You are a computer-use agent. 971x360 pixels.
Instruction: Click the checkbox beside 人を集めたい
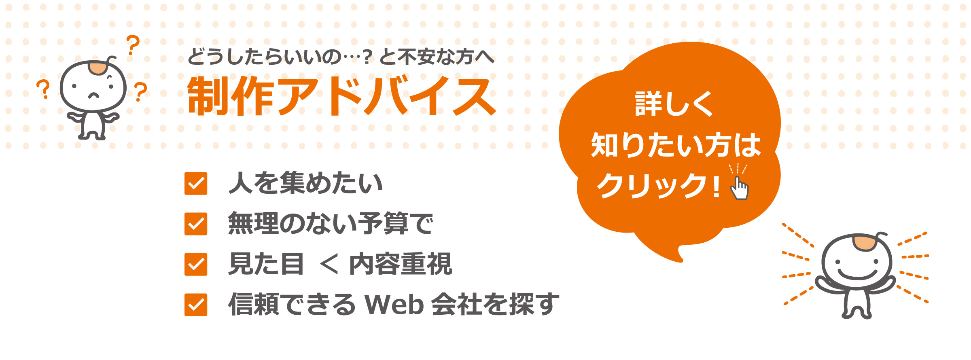click(196, 183)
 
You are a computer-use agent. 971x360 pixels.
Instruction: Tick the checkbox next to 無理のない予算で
click(196, 224)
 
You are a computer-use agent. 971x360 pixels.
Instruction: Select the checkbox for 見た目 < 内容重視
click(196, 264)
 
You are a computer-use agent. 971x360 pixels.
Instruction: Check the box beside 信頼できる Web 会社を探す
click(196, 305)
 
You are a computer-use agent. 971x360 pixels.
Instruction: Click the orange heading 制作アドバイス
click(341, 96)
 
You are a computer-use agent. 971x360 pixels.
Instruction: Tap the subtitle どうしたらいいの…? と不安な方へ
click(341, 57)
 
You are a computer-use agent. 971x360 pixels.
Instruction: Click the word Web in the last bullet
click(394, 305)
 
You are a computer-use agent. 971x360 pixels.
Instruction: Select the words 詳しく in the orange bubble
click(674, 104)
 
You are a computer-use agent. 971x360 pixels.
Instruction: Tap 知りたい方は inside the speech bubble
click(676, 145)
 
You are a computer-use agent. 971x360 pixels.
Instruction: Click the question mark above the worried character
click(133, 45)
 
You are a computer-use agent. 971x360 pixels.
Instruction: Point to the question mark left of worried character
click(43, 89)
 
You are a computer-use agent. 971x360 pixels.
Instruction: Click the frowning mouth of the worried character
click(94, 96)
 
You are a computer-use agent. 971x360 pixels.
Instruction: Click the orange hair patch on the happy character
click(865, 243)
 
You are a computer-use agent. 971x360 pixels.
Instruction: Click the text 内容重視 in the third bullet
click(401, 264)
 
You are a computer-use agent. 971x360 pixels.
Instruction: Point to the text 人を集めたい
click(305, 183)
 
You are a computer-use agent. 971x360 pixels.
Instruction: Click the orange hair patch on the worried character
click(98, 68)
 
